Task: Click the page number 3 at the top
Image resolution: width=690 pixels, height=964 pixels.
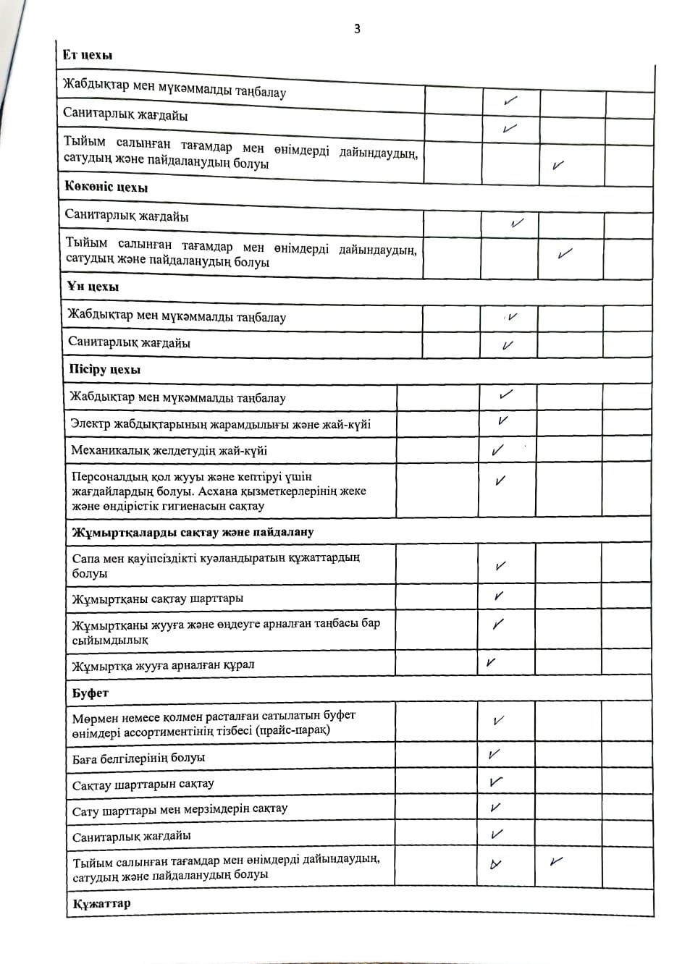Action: click(x=357, y=29)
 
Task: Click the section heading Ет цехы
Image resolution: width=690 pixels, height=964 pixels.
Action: click(x=88, y=55)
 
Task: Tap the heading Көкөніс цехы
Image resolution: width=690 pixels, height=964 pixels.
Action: click(x=106, y=187)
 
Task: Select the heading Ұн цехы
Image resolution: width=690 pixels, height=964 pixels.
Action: click(x=93, y=287)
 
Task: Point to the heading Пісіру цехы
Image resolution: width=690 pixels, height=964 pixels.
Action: click(x=105, y=369)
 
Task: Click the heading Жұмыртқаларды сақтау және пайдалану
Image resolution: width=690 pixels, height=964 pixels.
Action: click(x=193, y=532)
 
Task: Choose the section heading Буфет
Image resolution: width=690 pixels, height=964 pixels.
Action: click(x=91, y=693)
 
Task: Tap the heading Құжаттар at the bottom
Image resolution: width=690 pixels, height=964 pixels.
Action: click(x=101, y=903)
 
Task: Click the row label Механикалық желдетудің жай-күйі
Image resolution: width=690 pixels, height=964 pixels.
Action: click(x=169, y=450)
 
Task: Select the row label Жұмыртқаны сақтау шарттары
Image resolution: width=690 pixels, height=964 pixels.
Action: click(x=158, y=599)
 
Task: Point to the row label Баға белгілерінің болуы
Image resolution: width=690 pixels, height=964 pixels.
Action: click(x=138, y=758)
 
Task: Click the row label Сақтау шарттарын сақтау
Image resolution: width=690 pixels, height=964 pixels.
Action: click(x=143, y=784)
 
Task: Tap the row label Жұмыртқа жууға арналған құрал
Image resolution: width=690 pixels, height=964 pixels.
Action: click(x=163, y=664)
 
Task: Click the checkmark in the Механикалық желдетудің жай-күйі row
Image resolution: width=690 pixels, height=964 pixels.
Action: click(x=497, y=450)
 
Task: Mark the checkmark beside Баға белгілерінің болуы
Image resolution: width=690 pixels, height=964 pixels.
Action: click(x=494, y=754)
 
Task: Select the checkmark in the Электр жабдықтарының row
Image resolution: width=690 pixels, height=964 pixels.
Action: click(x=502, y=420)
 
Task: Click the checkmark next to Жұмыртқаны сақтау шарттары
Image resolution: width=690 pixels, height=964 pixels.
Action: click(x=498, y=596)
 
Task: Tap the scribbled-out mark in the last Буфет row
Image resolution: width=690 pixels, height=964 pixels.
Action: click(x=496, y=863)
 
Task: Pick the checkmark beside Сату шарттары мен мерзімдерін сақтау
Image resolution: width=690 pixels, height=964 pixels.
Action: click(x=495, y=808)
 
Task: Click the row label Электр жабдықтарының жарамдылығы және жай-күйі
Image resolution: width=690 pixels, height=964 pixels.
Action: click(x=221, y=424)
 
